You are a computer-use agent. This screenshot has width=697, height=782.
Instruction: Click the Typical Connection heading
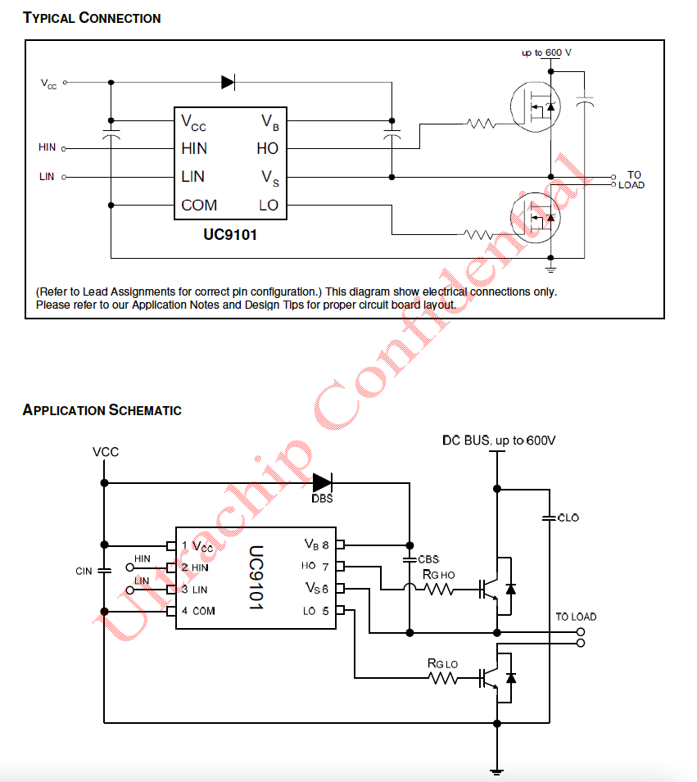pyautogui.click(x=92, y=17)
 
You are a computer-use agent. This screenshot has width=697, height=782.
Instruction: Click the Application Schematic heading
pyautogui.click(x=102, y=409)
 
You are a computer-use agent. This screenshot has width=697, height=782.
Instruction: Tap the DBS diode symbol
pyautogui.click(x=322, y=483)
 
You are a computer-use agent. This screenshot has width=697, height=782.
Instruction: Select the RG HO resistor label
pyautogui.click(x=439, y=574)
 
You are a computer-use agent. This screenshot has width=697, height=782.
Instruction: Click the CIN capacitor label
pyautogui.click(x=84, y=571)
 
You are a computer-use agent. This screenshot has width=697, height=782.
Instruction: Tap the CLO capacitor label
pyautogui.click(x=568, y=518)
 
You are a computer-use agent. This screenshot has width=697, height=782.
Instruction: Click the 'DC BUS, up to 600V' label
pyautogui.click(x=499, y=441)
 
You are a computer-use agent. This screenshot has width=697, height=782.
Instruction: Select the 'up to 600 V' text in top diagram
pyautogui.click(x=546, y=52)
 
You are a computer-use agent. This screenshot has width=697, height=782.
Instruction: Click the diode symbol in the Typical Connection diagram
pyautogui.click(x=228, y=82)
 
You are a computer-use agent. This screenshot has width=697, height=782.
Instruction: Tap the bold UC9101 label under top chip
pyautogui.click(x=231, y=234)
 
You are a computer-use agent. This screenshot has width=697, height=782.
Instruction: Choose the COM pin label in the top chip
pyautogui.click(x=199, y=205)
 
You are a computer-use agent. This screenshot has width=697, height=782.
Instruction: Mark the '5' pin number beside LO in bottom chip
pyautogui.click(x=326, y=610)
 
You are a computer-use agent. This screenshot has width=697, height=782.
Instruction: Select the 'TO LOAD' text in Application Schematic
pyautogui.click(x=576, y=617)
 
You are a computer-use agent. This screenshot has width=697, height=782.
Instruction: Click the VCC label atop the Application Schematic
pyautogui.click(x=106, y=451)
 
